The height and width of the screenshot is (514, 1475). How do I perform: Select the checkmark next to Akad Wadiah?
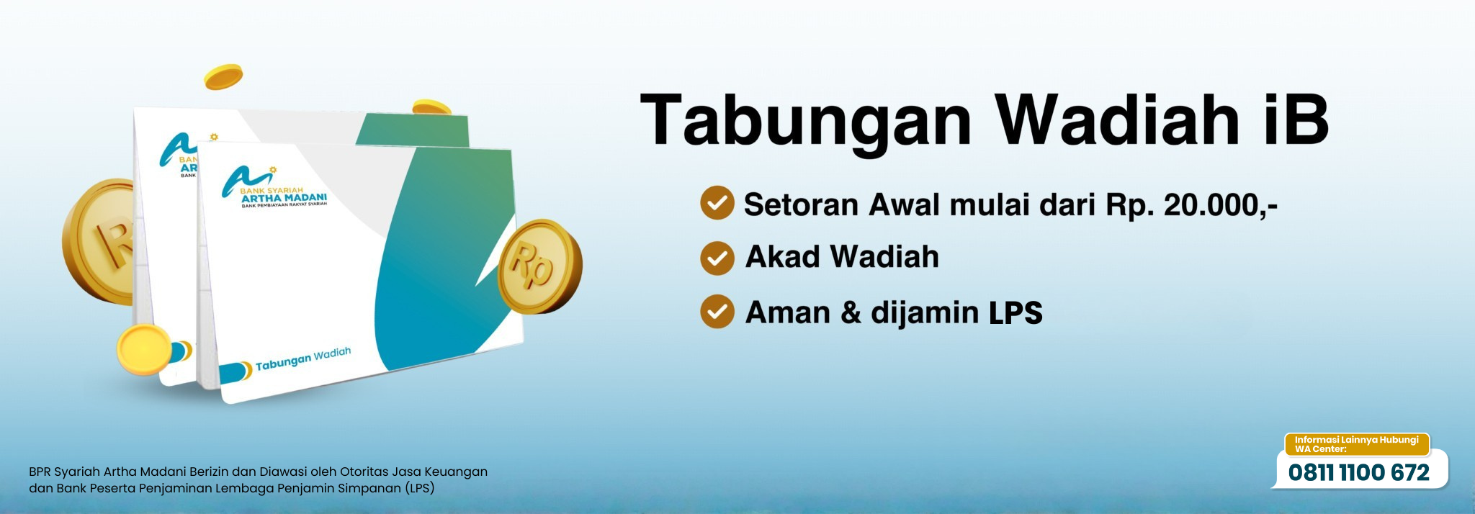(x=717, y=258)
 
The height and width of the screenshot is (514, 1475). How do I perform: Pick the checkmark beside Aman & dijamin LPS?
(x=717, y=311)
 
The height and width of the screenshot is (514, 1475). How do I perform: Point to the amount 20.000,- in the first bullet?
(x=1221, y=205)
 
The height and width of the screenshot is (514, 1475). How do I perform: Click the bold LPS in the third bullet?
(x=1016, y=313)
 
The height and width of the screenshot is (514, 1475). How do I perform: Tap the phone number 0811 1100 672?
(x=1358, y=473)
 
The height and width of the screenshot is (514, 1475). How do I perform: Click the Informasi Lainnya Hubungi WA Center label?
(x=1356, y=444)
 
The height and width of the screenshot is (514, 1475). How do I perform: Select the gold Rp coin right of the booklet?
(x=540, y=266)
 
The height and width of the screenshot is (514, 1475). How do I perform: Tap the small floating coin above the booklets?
(x=224, y=77)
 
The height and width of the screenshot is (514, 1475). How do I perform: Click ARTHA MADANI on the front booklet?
(x=284, y=198)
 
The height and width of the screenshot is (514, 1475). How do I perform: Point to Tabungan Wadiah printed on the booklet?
(x=303, y=359)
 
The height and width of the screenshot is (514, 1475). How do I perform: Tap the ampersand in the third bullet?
(x=851, y=312)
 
